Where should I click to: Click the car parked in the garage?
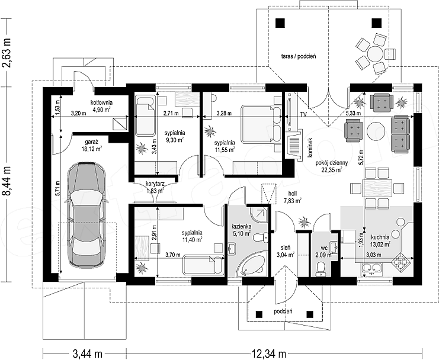click(86, 215)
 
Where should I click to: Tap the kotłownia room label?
click(102, 102)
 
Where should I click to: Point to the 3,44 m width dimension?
click(87, 354)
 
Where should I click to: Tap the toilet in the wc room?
click(321, 268)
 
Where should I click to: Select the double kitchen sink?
click(372, 268)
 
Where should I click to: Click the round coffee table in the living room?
click(376, 131)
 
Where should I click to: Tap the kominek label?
click(312, 147)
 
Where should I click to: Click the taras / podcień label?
click(299, 56)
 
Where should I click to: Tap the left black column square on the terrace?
click(280, 23)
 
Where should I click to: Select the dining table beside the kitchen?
click(377, 188)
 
